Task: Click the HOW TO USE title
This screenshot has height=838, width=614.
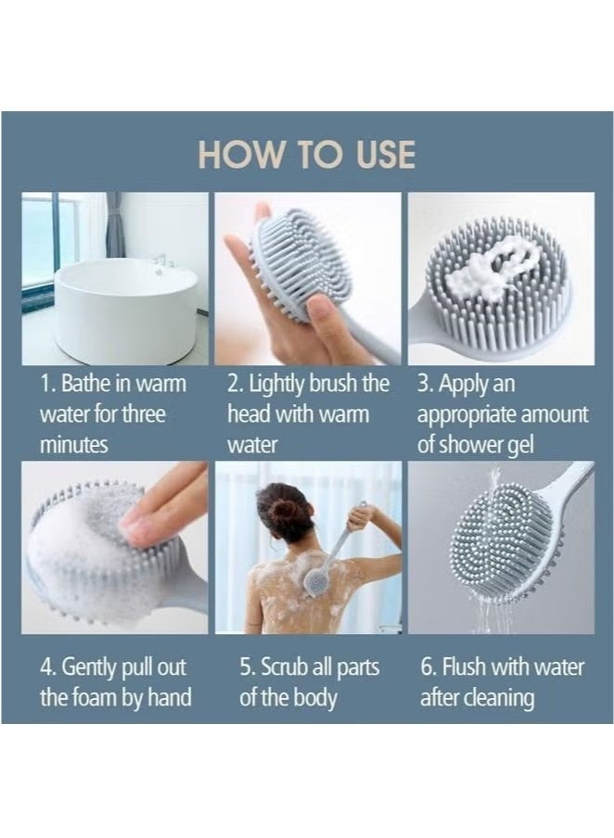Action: (x=307, y=155)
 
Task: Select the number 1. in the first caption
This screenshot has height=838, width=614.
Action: (x=48, y=384)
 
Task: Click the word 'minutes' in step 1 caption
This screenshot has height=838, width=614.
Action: (x=73, y=445)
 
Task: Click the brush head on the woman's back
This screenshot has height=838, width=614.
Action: (x=316, y=582)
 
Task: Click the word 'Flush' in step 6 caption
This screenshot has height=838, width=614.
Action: (x=468, y=667)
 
